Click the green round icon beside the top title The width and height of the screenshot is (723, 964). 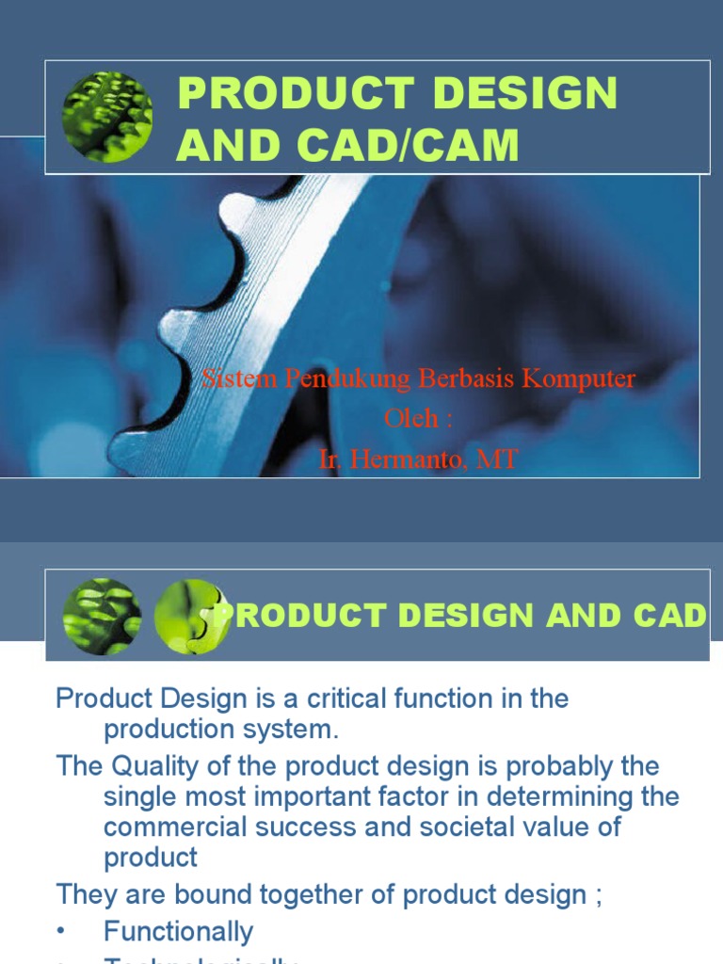tap(106, 117)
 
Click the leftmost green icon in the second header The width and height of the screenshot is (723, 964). tap(102, 617)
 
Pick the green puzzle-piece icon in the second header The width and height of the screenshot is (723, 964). tap(191, 617)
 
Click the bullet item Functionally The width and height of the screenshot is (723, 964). tap(179, 932)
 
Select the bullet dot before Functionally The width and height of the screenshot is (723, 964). tap(63, 932)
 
